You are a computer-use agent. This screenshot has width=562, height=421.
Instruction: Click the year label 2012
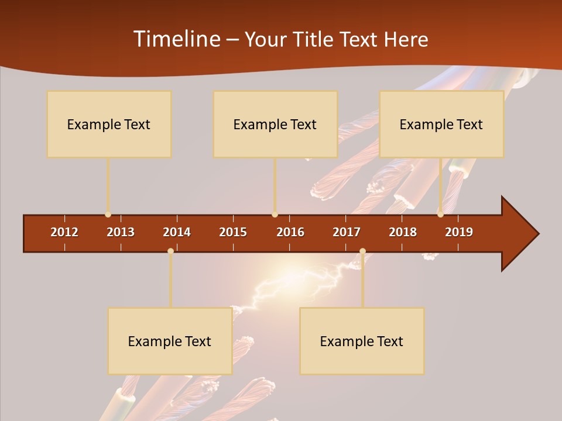point(64,232)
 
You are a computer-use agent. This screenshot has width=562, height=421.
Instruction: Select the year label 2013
point(121,232)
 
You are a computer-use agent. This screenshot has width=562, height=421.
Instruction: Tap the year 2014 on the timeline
point(177,232)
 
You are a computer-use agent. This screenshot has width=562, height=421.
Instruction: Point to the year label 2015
point(233,232)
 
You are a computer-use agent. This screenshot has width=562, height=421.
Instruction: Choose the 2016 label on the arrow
point(290,232)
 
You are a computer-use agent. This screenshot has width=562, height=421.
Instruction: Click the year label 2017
point(347,232)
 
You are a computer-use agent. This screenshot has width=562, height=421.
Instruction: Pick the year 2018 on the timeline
point(403,232)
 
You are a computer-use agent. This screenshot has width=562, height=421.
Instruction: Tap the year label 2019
point(459,232)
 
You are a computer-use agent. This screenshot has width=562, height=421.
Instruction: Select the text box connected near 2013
point(109,124)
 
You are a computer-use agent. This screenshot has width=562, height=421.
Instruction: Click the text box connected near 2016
point(275,124)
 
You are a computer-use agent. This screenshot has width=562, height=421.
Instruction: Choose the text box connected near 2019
point(441,124)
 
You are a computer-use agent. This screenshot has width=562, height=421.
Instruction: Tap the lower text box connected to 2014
point(170,341)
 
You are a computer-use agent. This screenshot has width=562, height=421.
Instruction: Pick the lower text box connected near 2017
point(362,341)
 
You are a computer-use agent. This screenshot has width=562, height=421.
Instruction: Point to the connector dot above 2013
point(108,215)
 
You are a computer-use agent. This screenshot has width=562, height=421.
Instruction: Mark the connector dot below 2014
point(170,251)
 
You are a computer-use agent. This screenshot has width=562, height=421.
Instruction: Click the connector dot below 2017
point(362,251)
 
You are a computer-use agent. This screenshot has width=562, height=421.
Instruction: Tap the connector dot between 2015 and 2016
point(275,215)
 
